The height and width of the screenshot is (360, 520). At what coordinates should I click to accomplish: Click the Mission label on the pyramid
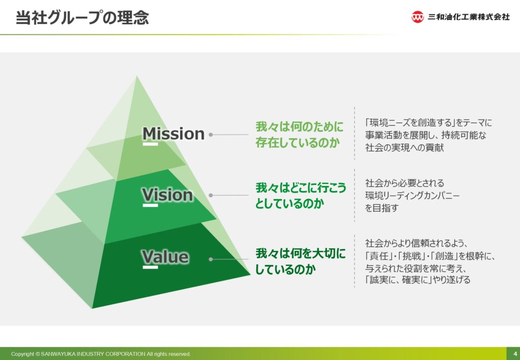pos(174,134)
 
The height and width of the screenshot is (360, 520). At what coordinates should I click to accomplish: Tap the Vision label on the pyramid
pos(168,194)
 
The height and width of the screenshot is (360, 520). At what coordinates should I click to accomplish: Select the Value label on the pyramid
pos(166,257)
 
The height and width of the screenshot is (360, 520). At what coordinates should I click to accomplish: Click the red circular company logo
pos(417,17)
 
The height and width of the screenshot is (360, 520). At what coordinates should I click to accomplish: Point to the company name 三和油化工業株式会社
pos(469,17)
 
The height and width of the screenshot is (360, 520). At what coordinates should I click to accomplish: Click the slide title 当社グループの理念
pos(82,18)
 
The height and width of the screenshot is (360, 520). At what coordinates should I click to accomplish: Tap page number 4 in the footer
pos(515,354)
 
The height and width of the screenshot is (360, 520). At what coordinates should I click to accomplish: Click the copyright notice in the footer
pos(101,354)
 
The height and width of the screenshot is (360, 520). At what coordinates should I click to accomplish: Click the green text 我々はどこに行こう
pos(301,188)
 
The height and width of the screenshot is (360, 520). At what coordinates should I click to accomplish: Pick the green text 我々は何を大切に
pos(301,253)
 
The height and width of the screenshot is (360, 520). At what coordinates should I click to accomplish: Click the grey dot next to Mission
pos(211,135)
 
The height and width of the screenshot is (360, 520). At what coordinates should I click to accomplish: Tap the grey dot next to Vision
pos(211,195)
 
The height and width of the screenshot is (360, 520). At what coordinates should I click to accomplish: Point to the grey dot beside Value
pos(211,259)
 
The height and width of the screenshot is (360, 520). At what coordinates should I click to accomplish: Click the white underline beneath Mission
pos(150,144)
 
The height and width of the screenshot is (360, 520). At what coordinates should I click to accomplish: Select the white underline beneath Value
pos(150,267)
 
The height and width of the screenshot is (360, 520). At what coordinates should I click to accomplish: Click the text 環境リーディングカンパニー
pos(412,195)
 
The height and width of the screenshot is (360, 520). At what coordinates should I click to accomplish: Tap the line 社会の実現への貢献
pos(405,148)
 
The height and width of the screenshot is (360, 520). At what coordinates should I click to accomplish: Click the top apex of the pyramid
pos(137,76)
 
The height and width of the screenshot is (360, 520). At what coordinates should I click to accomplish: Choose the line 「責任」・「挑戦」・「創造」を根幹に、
pos(430,256)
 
